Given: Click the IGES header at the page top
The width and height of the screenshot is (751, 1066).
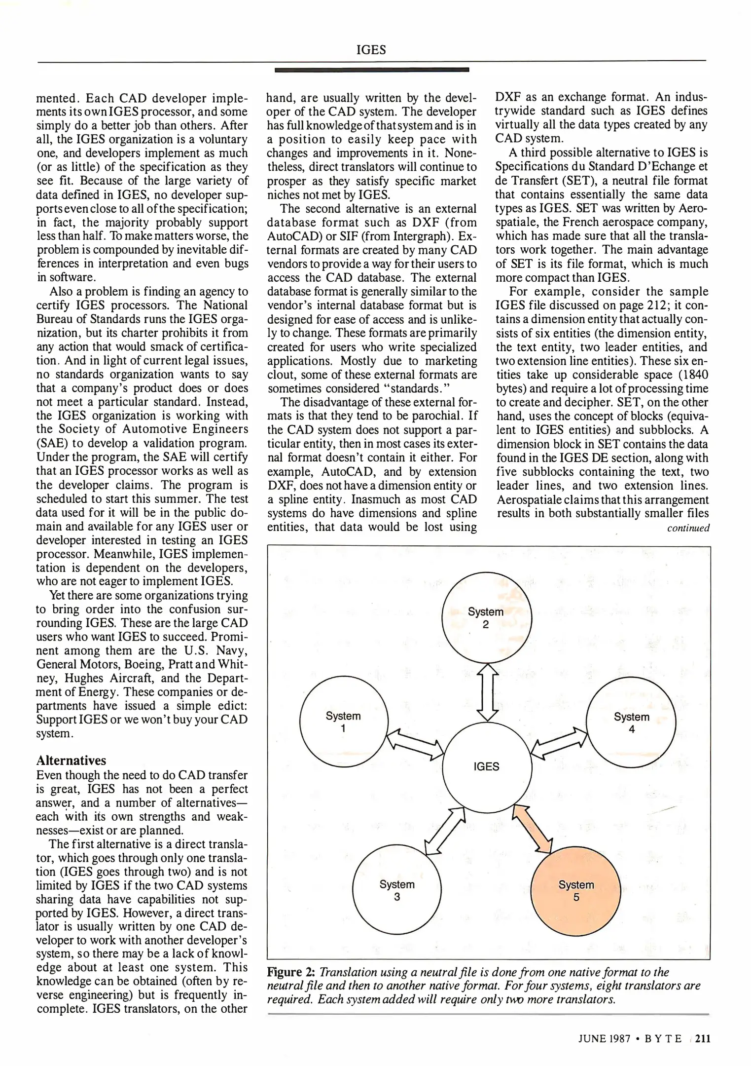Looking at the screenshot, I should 371,50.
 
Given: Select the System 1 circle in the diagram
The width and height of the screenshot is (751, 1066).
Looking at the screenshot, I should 344,722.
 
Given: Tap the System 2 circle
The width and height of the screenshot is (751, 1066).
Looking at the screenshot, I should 486,618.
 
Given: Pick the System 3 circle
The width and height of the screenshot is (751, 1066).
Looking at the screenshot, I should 397,890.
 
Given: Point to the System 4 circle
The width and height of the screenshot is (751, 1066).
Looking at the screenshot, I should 631,723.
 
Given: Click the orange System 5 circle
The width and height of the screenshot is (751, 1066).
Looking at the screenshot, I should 576,890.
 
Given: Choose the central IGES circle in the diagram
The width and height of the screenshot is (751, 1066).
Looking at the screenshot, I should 487,767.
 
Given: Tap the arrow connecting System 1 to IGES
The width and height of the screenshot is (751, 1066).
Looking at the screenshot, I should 415,744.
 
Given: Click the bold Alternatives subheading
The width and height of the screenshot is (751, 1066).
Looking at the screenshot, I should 71,760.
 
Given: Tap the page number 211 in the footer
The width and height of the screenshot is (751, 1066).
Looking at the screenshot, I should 703,1039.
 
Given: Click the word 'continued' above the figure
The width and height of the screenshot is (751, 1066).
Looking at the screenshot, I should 688,528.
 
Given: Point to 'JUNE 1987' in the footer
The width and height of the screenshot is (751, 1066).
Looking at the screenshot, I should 605,1039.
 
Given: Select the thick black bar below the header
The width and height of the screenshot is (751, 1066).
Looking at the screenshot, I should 371,70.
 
